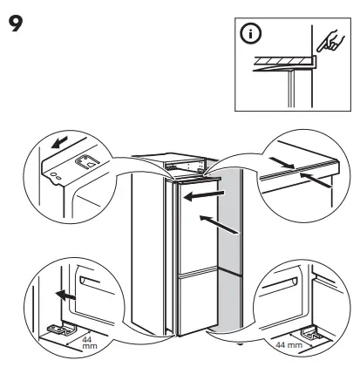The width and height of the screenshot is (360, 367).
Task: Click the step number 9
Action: tap(16, 18)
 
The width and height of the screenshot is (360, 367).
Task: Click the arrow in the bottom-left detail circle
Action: tap(61, 294)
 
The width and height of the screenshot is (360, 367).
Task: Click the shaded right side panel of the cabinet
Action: tap(226, 262)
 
